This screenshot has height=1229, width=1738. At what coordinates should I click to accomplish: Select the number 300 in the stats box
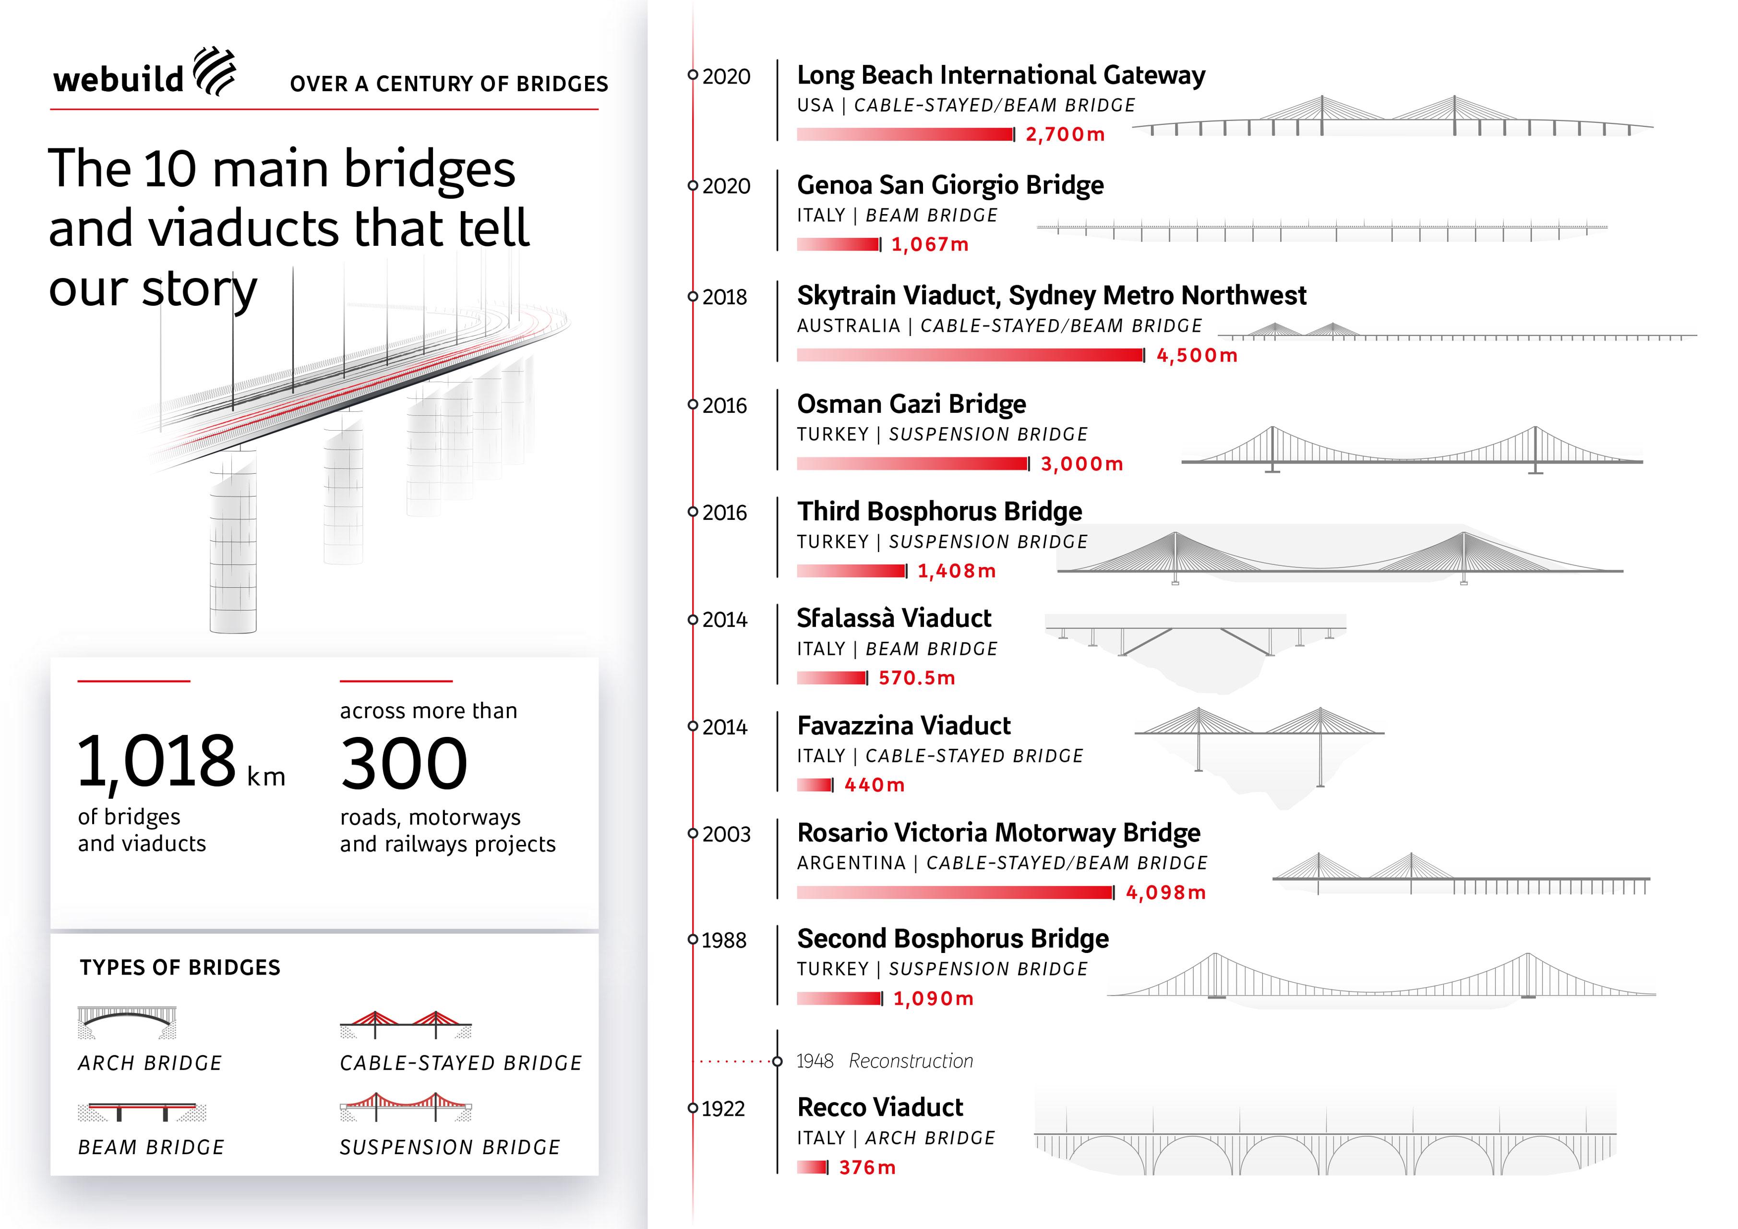(x=404, y=763)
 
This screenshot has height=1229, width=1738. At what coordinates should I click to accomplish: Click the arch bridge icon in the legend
(x=127, y=1022)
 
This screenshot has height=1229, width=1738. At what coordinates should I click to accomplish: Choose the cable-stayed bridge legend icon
(x=406, y=1024)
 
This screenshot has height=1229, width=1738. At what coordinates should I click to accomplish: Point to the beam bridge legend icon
(x=142, y=1112)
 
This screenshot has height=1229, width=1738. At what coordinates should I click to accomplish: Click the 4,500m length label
(x=1197, y=355)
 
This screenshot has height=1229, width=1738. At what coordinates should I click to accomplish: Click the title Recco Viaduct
(x=880, y=1107)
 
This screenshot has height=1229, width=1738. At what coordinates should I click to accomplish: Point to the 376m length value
(x=867, y=1168)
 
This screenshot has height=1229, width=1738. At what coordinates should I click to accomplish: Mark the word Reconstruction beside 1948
(x=911, y=1061)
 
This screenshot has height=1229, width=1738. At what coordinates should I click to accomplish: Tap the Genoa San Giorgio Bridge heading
(x=950, y=185)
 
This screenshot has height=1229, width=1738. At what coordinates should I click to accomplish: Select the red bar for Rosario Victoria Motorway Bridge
(x=955, y=893)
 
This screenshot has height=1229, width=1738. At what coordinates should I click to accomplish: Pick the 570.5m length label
(x=917, y=678)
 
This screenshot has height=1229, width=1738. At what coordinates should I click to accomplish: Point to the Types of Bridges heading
(x=180, y=968)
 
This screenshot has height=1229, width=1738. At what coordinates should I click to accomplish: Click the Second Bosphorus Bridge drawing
(x=1381, y=979)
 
